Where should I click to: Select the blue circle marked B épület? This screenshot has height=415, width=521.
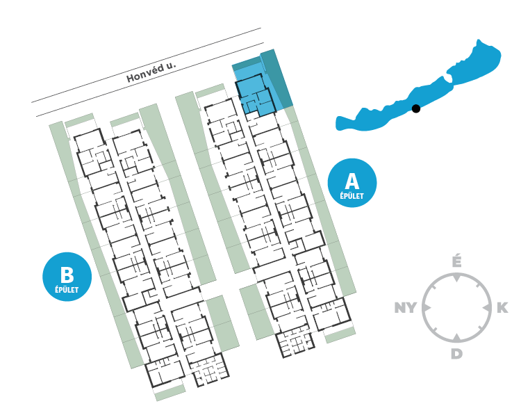click(x=67, y=276)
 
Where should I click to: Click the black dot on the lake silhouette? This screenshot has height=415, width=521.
click(x=415, y=108)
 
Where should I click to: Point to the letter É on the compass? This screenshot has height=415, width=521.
click(x=456, y=263)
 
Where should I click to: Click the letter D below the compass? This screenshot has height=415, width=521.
click(x=456, y=354)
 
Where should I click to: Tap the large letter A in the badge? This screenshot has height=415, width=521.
click(x=352, y=181)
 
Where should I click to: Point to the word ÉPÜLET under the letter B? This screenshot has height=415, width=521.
click(x=67, y=288)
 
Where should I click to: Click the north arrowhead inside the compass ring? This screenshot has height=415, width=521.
click(x=456, y=279)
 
